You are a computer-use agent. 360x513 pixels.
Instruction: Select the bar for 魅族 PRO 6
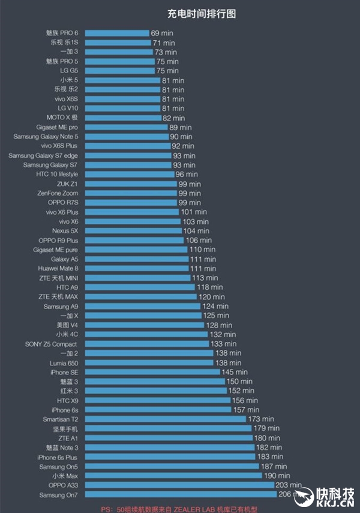(x=118, y=33)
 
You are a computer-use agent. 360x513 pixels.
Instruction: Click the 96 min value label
(x=187, y=175)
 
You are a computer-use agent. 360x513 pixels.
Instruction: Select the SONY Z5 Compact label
(x=51, y=344)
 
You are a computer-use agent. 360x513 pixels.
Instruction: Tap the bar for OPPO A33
(x=179, y=485)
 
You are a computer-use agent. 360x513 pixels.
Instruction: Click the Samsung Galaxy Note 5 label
(x=46, y=137)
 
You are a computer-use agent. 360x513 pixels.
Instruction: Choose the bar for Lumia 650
(x=150, y=363)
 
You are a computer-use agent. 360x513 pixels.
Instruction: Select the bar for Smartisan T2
(x=166, y=419)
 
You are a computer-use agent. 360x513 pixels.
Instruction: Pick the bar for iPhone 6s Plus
(x=171, y=457)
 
